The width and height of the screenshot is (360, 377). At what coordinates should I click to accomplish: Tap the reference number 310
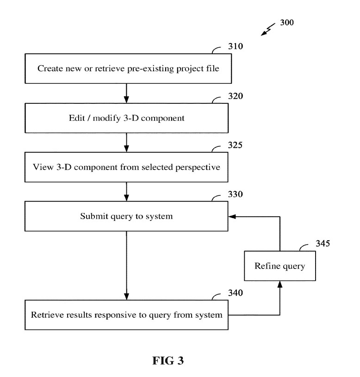pos(236,47)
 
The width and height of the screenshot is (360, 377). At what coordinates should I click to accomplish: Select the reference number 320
pos(236,96)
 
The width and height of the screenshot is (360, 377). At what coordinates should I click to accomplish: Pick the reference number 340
pos(236,293)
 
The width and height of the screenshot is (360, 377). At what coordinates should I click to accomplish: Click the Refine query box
pos(280,266)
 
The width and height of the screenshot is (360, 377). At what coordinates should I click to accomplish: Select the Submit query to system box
pos(126,216)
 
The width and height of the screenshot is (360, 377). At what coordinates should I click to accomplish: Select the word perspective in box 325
pos(199,167)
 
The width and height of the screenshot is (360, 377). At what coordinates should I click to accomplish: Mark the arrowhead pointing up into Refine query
pos(280,284)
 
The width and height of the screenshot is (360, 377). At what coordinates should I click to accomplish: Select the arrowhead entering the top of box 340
pos(126,296)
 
